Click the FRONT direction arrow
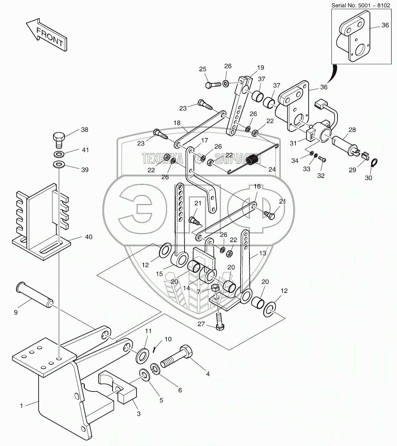[46, 35]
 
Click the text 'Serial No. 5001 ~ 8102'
[361, 5]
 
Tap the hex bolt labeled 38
[58, 140]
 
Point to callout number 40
[89, 237]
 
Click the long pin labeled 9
[35, 295]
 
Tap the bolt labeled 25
[213, 84]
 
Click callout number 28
[352, 130]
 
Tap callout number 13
[263, 253]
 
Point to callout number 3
[139, 420]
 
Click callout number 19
[261, 68]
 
